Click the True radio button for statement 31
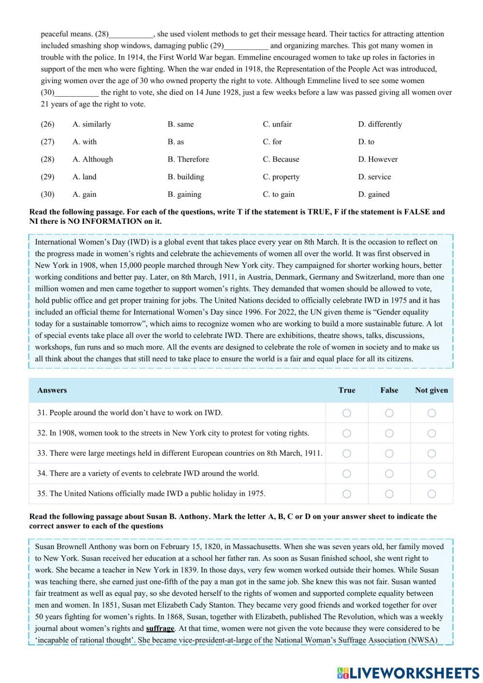(x=347, y=413)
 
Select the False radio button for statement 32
(x=389, y=433)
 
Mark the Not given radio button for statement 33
(x=431, y=453)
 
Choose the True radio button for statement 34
(x=347, y=474)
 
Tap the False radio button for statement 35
(x=389, y=494)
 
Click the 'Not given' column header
(x=431, y=390)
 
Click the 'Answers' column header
(x=52, y=390)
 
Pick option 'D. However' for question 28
(x=378, y=159)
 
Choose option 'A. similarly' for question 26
(x=92, y=124)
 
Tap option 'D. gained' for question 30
(x=374, y=194)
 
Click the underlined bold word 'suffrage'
(x=160, y=628)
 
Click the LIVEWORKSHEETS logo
(x=408, y=672)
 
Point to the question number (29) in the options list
(x=47, y=177)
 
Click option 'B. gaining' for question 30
(x=185, y=194)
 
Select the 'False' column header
(x=389, y=390)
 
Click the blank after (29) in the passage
(x=246, y=46)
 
